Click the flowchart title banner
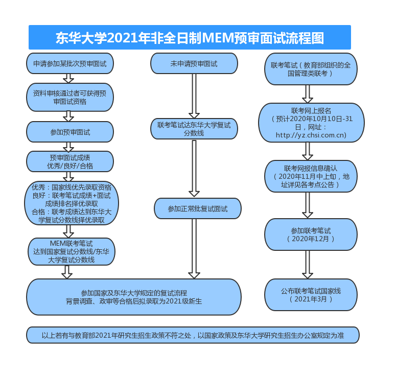pos(190,38)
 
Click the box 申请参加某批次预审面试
pos(70,64)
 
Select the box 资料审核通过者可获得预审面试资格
pos(70,97)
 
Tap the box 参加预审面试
pos(70,132)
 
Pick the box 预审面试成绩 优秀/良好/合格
pos(70,161)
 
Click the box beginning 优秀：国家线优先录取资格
pos(72,203)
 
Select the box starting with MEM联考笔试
pos(72,251)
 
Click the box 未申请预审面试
pos(194,64)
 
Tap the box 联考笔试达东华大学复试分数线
pos(194,129)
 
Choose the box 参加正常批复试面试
pos(197,208)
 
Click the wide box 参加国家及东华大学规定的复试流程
pos(134,297)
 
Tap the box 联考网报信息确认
pos(311,176)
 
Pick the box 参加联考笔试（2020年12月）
pos(311,235)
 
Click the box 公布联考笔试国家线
pos(311,294)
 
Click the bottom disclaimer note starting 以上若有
pos(193,336)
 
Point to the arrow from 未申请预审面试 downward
pos(194,96)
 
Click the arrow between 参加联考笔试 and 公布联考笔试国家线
pos(307,265)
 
